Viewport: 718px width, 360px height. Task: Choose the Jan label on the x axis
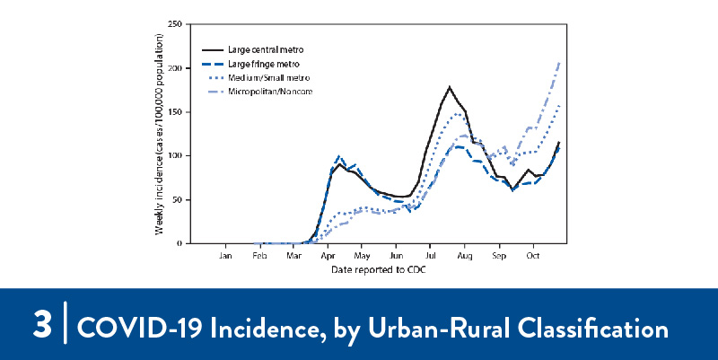[226, 256]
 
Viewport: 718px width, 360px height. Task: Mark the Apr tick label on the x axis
[328, 256]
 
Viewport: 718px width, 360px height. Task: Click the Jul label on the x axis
[431, 256]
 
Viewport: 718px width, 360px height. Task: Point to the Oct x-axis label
[533, 256]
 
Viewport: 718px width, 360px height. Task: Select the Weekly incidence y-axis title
[160, 134]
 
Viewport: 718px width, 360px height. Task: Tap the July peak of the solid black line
[449, 87]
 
